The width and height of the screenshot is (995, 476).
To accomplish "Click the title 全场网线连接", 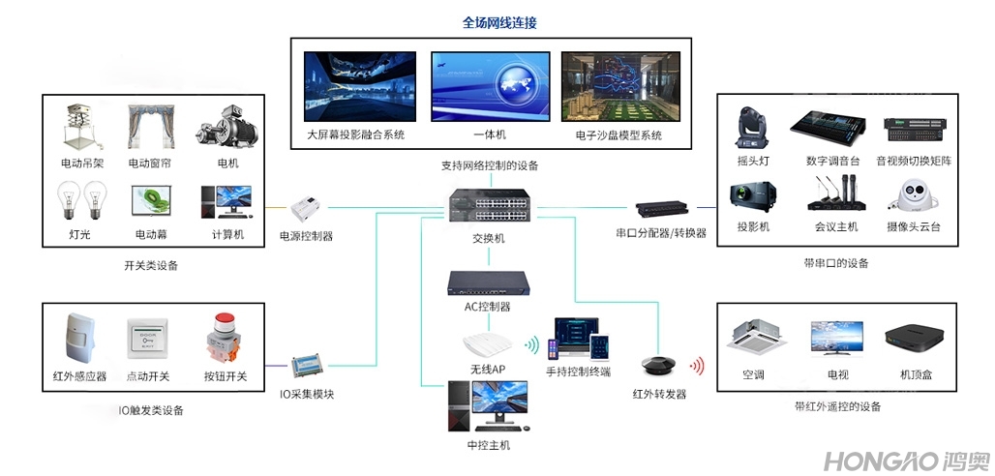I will (x=499, y=22).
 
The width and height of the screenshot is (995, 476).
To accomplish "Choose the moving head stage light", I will (x=752, y=127).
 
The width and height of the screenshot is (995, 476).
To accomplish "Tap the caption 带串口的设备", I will (x=836, y=263).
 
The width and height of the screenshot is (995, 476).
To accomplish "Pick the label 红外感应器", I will (x=79, y=375).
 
